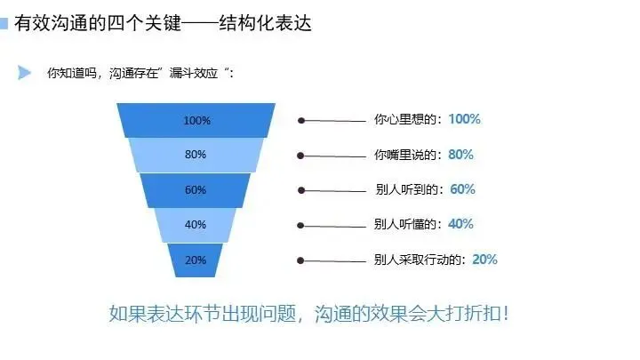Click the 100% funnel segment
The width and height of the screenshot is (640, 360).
pyautogui.click(x=196, y=120)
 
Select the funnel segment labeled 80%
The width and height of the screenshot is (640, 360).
pyautogui.click(x=196, y=155)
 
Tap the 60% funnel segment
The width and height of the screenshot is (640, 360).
pyautogui.click(x=196, y=190)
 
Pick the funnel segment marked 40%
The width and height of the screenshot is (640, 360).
pyautogui.click(x=196, y=225)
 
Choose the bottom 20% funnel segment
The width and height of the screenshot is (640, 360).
pyautogui.click(x=196, y=260)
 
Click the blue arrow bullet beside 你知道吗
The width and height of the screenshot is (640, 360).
pyautogui.click(x=25, y=72)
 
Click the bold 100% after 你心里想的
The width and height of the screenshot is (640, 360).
pyautogui.click(x=465, y=119)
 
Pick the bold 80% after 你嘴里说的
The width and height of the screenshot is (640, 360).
pyautogui.click(x=461, y=154)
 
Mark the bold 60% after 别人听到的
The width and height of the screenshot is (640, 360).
pyautogui.click(x=463, y=188)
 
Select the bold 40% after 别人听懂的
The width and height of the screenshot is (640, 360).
pyautogui.click(x=461, y=224)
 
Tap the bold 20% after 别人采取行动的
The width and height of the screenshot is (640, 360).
pyautogui.click(x=484, y=260)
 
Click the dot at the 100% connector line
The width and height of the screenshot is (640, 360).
pyautogui.click(x=301, y=121)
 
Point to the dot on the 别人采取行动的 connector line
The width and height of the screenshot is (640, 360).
pyautogui.click(x=301, y=260)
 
